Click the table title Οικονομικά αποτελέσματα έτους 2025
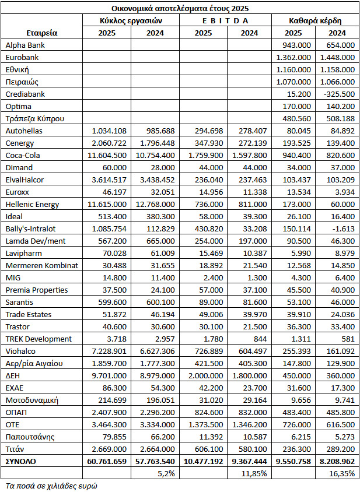pos(180,8)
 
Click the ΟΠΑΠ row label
pos(15,412)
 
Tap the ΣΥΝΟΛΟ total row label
pos(20,461)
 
